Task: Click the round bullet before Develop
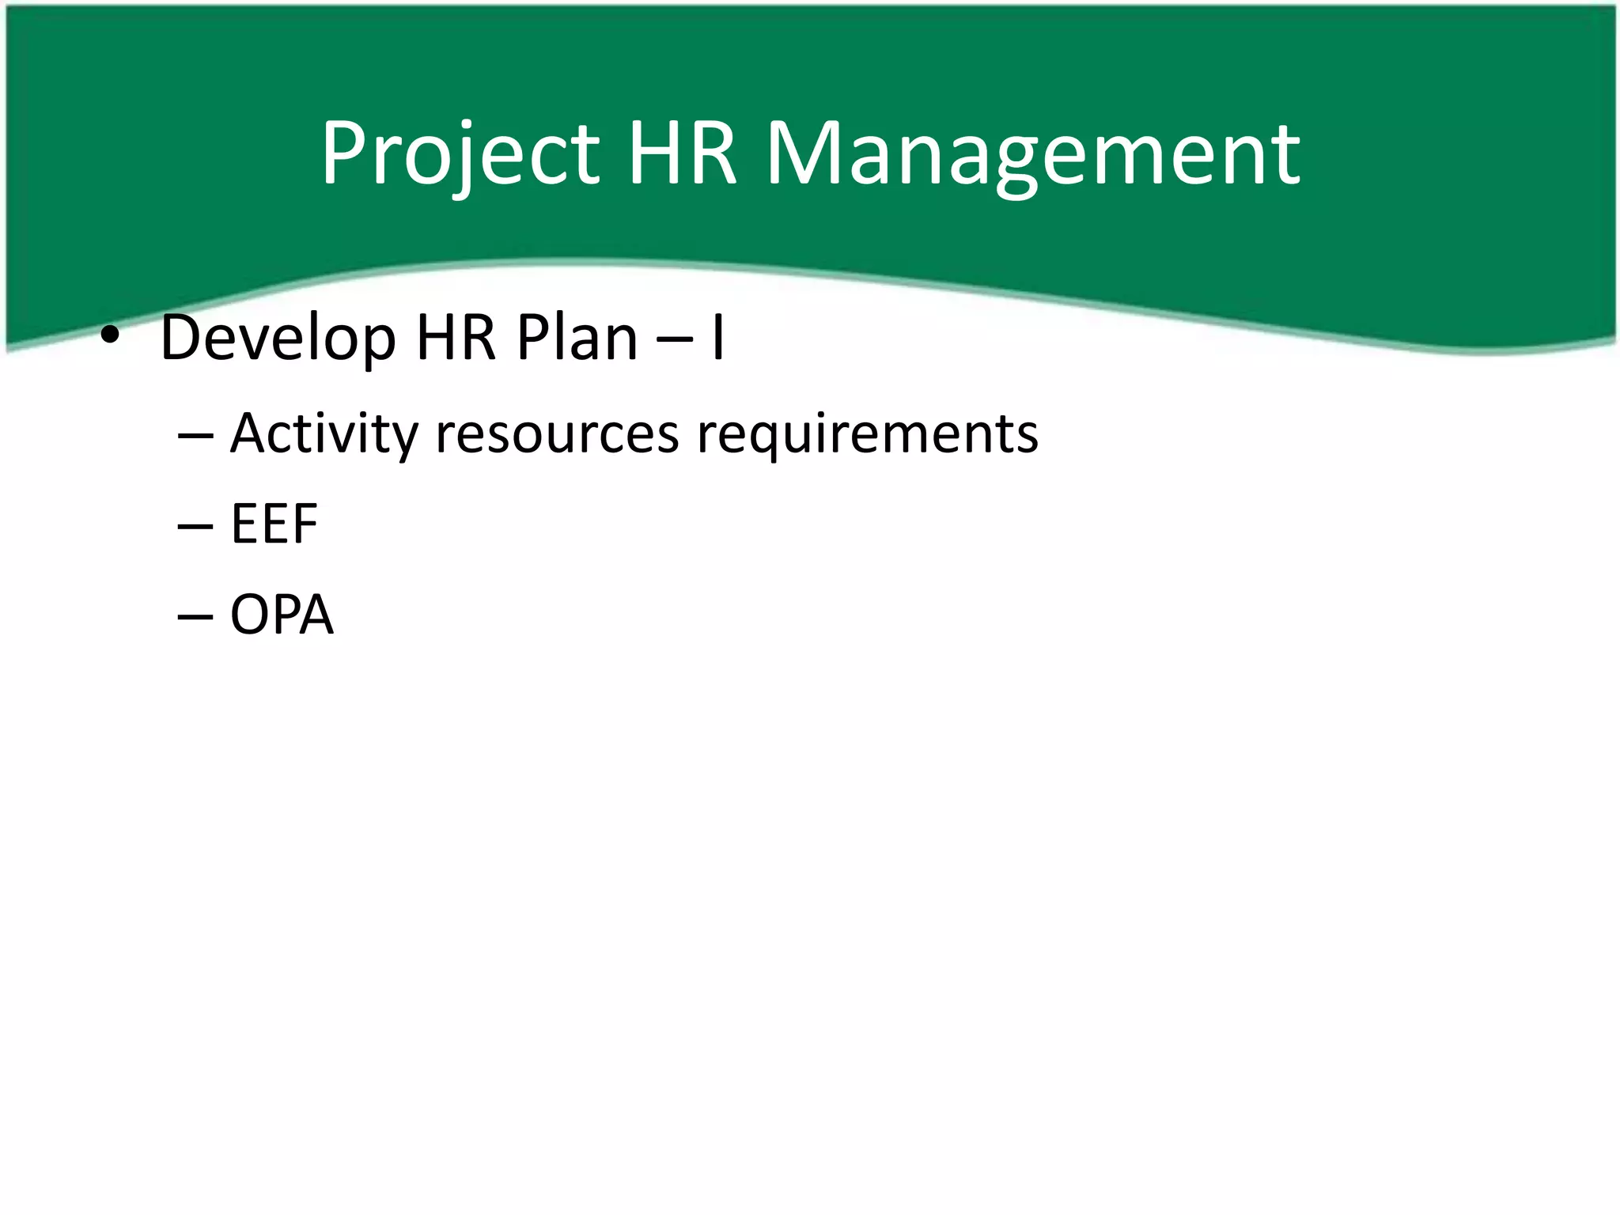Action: [110, 337]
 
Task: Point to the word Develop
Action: [278, 339]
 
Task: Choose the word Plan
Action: [577, 338]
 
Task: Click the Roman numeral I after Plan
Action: [717, 338]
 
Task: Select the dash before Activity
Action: [195, 436]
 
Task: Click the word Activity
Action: [324, 434]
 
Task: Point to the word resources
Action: [557, 434]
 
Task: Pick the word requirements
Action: [867, 434]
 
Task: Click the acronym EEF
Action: [274, 524]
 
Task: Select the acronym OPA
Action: [282, 615]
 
